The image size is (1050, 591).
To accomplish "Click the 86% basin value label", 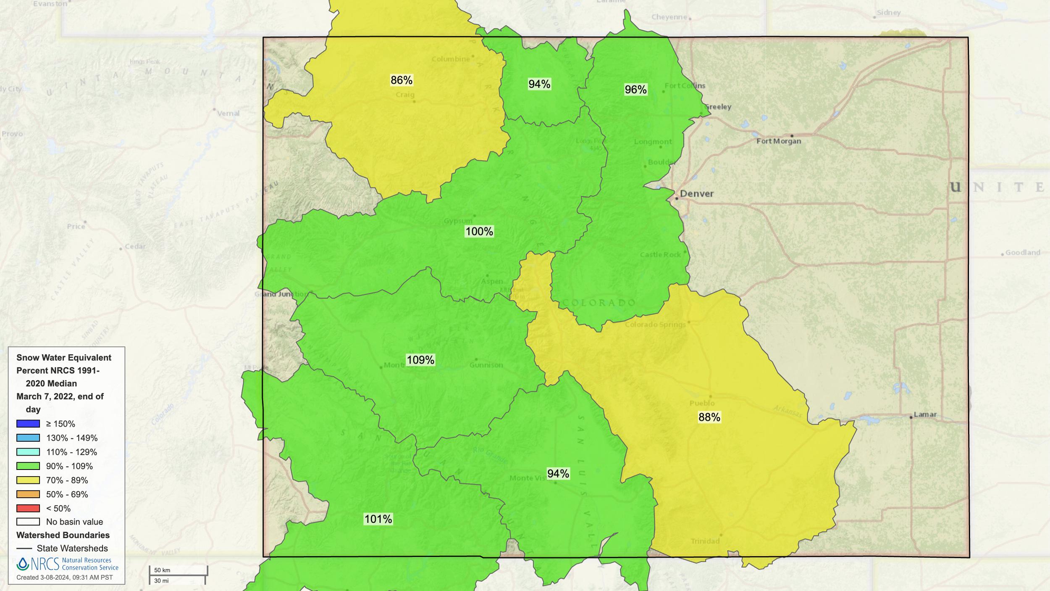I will [x=401, y=80].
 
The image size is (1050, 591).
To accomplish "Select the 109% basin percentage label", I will [x=420, y=360].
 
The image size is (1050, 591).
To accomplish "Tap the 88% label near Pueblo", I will [x=709, y=417].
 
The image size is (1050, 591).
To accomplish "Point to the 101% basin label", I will [x=378, y=519].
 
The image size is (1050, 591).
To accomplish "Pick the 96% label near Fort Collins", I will [x=635, y=90].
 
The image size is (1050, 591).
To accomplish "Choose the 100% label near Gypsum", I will [x=479, y=231].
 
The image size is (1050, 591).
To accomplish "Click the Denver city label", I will [x=696, y=194].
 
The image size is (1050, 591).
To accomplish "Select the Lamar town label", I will [x=925, y=414].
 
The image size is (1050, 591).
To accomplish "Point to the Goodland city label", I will [x=1022, y=253].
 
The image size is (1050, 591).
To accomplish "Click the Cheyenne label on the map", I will [x=669, y=17].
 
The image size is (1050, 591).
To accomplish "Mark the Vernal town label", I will [x=228, y=113].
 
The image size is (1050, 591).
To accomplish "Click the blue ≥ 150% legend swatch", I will [x=28, y=424].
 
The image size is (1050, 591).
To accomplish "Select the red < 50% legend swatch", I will [x=28, y=508].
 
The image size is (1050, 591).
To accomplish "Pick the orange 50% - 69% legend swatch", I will [x=28, y=494].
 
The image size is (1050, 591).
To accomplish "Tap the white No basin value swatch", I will [x=28, y=522].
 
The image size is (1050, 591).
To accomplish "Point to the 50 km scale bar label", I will [x=162, y=570].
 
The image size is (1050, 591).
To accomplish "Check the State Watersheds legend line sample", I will [x=24, y=549].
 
